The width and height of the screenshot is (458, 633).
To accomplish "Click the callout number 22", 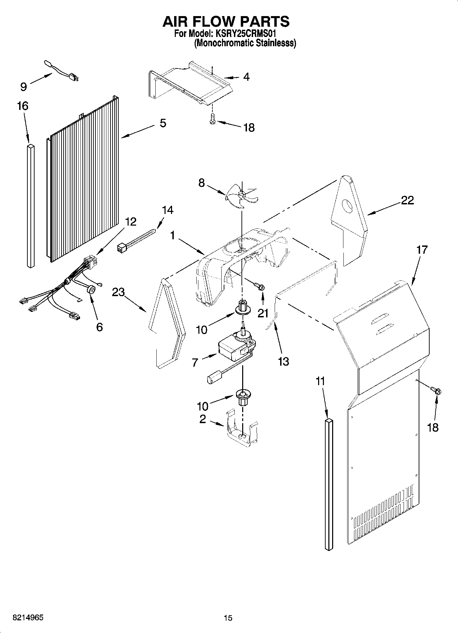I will pos(407,200).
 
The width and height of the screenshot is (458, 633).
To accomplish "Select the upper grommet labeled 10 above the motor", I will pos(242,307).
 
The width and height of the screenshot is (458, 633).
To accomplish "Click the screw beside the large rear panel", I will pos(436,390).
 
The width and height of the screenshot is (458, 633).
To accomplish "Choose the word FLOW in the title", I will pos(226,21).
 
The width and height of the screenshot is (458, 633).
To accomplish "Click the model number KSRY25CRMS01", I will pos(245,34).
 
